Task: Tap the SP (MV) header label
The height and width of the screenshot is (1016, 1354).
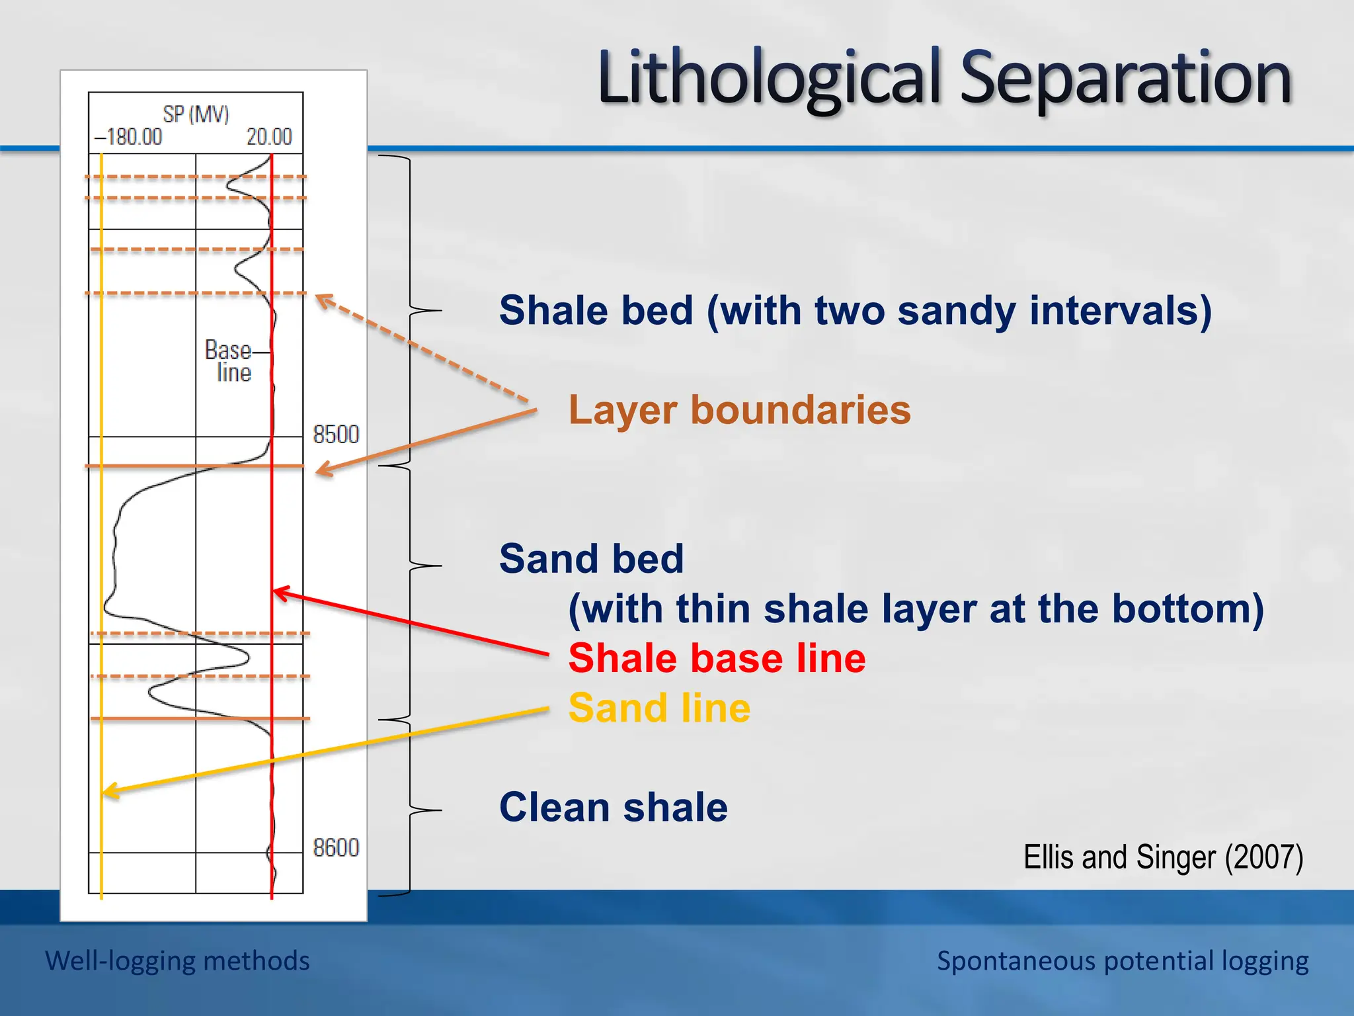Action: pyautogui.click(x=196, y=114)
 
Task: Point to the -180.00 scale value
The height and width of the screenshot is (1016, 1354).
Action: pyautogui.click(x=128, y=137)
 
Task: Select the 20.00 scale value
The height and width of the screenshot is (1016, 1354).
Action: pyautogui.click(x=269, y=137)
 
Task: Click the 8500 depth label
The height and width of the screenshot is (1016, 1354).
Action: pyautogui.click(x=336, y=435)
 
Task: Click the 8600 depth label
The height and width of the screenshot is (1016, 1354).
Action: pyautogui.click(x=336, y=847)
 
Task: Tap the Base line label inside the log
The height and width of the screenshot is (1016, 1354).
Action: pyautogui.click(x=229, y=361)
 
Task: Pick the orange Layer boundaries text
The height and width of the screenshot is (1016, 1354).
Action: pyautogui.click(x=739, y=409)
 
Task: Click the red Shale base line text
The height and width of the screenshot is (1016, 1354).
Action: pyautogui.click(x=717, y=658)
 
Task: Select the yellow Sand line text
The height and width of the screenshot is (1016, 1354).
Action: pyautogui.click(x=659, y=708)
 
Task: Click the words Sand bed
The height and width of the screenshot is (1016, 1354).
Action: pyautogui.click(x=591, y=558)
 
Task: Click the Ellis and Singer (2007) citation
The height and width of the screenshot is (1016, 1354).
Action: pyautogui.click(x=1163, y=857)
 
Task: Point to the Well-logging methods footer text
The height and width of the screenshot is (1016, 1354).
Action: pyautogui.click(x=177, y=960)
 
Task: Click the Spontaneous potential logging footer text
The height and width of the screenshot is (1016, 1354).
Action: pyautogui.click(x=1122, y=960)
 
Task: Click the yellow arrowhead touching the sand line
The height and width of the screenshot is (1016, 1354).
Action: pyautogui.click(x=110, y=790)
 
